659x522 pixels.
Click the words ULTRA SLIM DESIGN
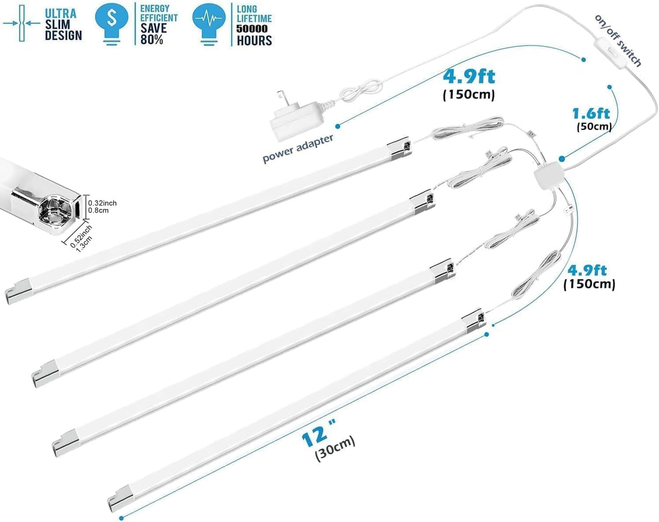pos(63,25)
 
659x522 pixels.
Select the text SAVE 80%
pos(153,34)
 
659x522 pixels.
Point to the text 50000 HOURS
pos(254,35)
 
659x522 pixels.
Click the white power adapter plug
pos(296,116)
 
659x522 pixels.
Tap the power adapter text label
pos(298,149)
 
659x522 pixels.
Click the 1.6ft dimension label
pos(592,114)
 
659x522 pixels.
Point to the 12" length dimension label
pos(318,433)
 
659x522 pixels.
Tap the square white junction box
pos(549,177)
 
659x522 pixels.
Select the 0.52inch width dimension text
pos(80,236)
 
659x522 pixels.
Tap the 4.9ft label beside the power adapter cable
pos(469,77)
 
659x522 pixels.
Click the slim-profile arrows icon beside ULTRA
pos(21,23)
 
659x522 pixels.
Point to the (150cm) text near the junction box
pos(589,284)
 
